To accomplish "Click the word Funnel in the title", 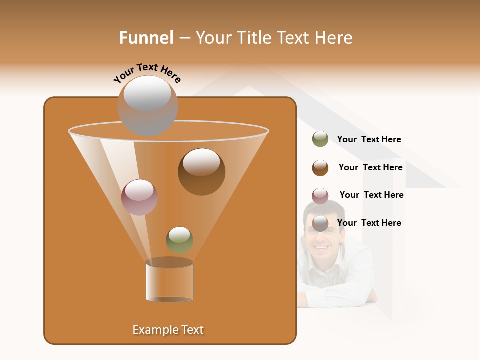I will tap(146, 38).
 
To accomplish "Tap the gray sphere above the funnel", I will tap(147, 105).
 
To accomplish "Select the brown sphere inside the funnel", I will tap(201, 171).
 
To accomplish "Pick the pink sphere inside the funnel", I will tap(139, 197).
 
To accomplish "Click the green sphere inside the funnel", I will tap(179, 240).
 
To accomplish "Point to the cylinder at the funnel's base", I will tap(169, 280).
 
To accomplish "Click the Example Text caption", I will tap(168, 330).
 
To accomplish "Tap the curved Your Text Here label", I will tap(147, 73).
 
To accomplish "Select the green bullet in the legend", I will tap(320, 139).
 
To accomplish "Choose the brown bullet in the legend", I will tap(320, 168).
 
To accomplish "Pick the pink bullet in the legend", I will tap(320, 196).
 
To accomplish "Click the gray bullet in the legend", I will tap(320, 223).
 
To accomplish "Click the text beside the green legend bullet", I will tap(369, 139).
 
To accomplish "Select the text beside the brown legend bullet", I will tap(370, 167).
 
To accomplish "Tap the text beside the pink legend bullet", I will tap(371, 195).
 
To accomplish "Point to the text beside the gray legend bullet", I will tap(369, 223).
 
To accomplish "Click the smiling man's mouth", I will tap(321, 247).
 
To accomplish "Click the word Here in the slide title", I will tap(334, 38).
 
